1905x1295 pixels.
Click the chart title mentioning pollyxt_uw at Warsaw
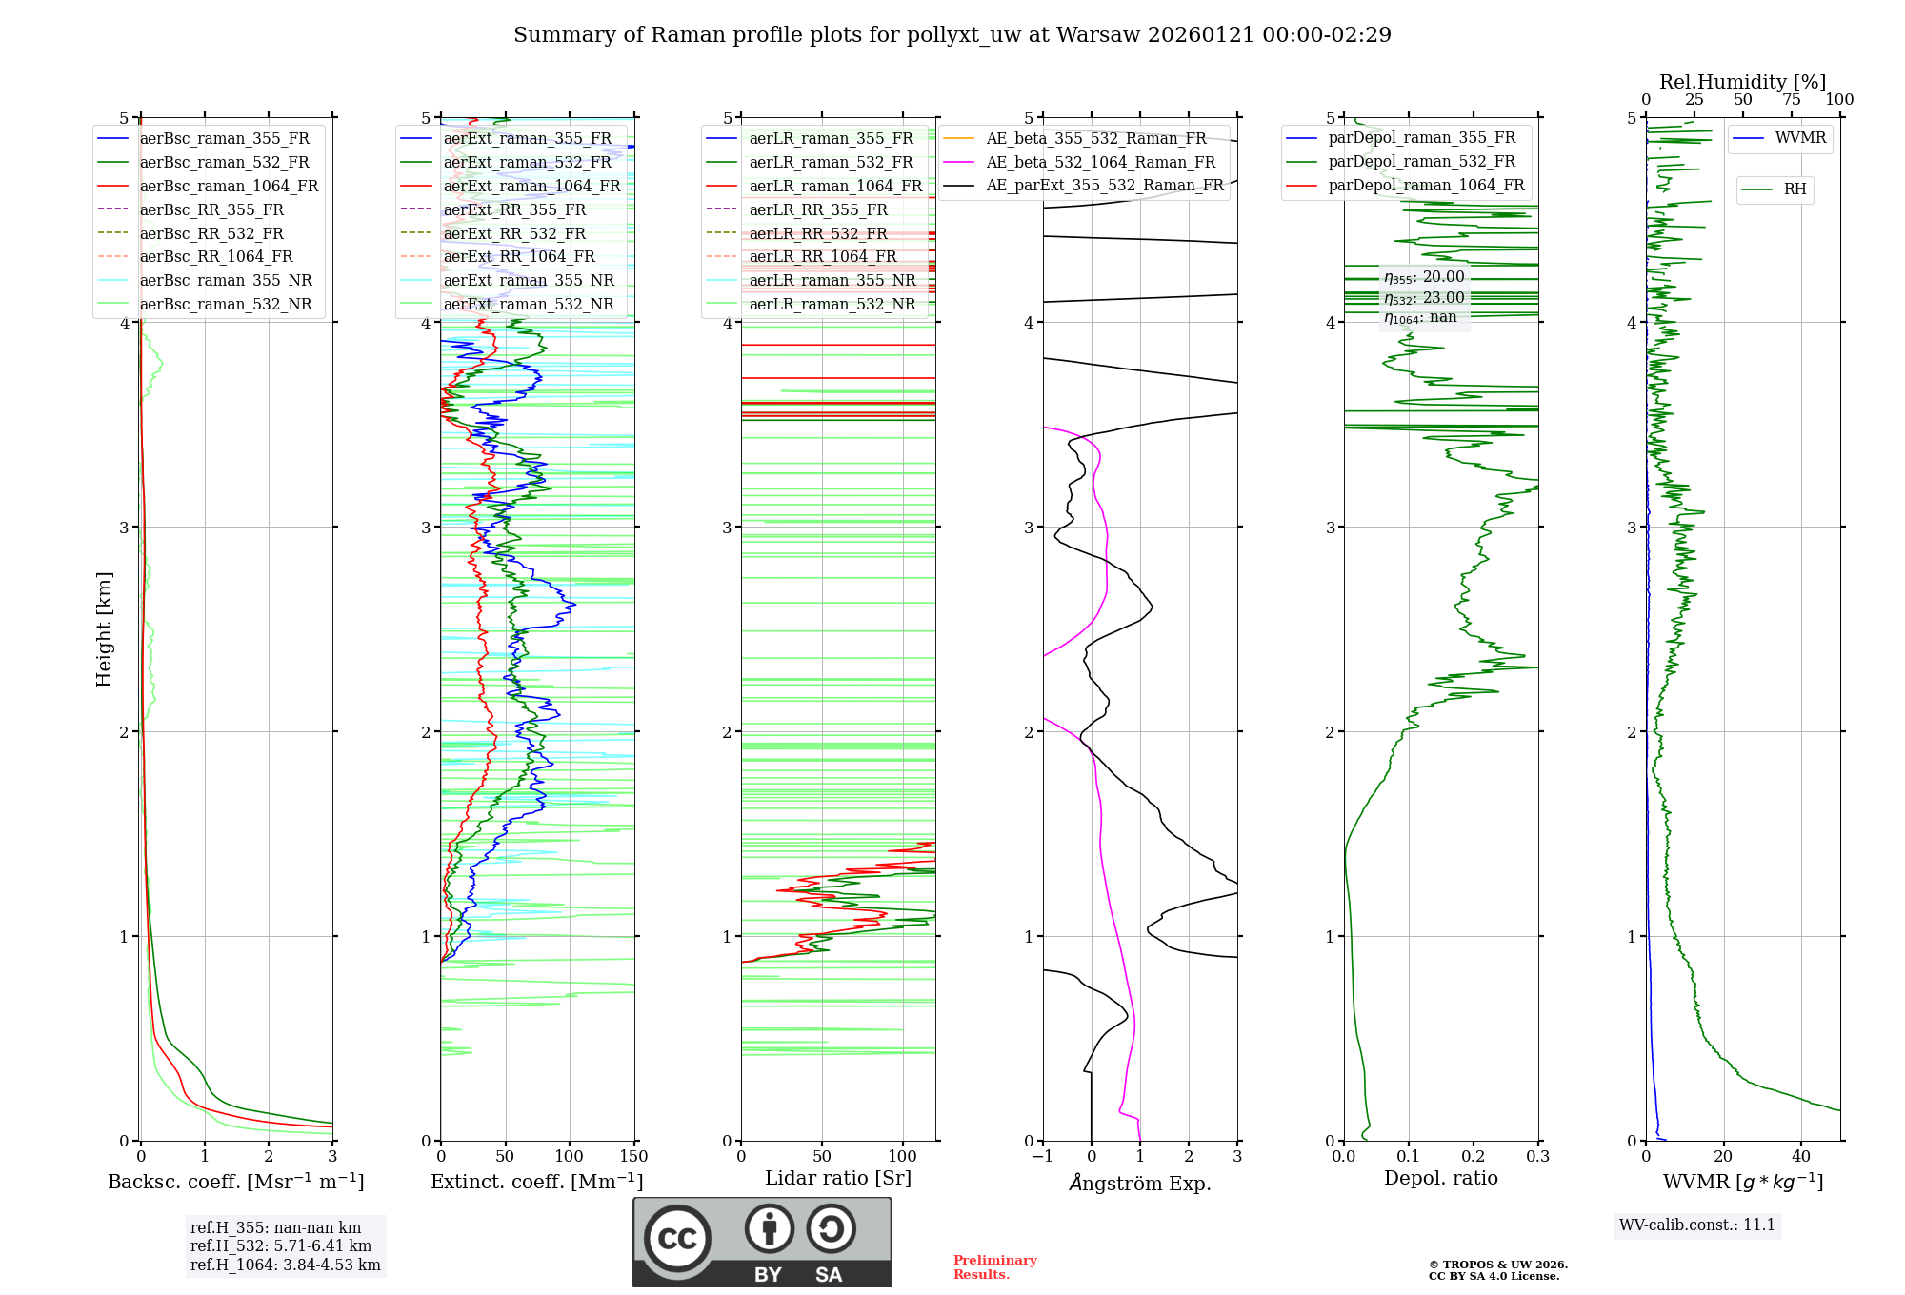pos(952,35)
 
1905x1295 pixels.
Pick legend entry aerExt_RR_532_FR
pos(514,233)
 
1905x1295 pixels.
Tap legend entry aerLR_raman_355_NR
pos(832,281)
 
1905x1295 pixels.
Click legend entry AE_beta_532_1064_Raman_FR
pos(1100,163)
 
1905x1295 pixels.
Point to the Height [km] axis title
pos(104,629)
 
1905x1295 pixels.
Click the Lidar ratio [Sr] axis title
pos(837,1179)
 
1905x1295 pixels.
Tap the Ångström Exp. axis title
pos(1139,1184)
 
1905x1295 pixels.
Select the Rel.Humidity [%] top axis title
pos(1742,82)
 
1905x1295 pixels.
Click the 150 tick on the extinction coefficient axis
pos(633,1157)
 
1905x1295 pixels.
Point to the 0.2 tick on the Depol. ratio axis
pos(1473,1157)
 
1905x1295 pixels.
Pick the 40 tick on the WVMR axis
pos(1800,1157)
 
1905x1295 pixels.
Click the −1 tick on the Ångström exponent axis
pos(1042,1157)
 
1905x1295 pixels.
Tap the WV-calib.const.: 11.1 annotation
pos(1696,1225)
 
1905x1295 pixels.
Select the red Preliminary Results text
pos(994,1267)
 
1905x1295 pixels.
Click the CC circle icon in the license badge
pos(677,1239)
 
